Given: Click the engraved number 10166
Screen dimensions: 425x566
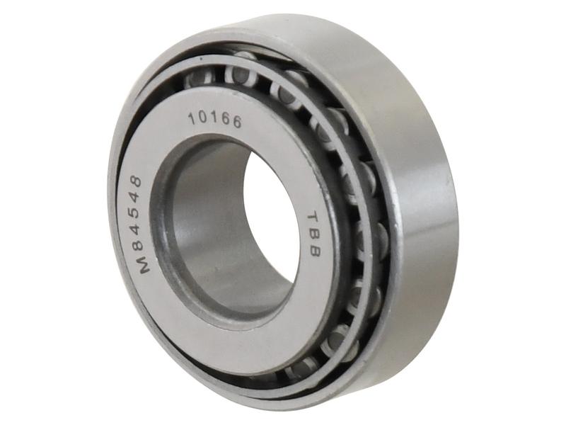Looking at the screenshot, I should pyautogui.click(x=214, y=120).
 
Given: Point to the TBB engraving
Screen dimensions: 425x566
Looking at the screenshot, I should pyautogui.click(x=314, y=232).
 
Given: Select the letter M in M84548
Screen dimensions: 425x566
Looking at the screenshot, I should pyautogui.click(x=144, y=266).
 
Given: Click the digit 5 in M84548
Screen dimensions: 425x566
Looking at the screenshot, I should pyautogui.click(x=134, y=215).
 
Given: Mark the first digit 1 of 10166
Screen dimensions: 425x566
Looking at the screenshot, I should pyautogui.click(x=192, y=118).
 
